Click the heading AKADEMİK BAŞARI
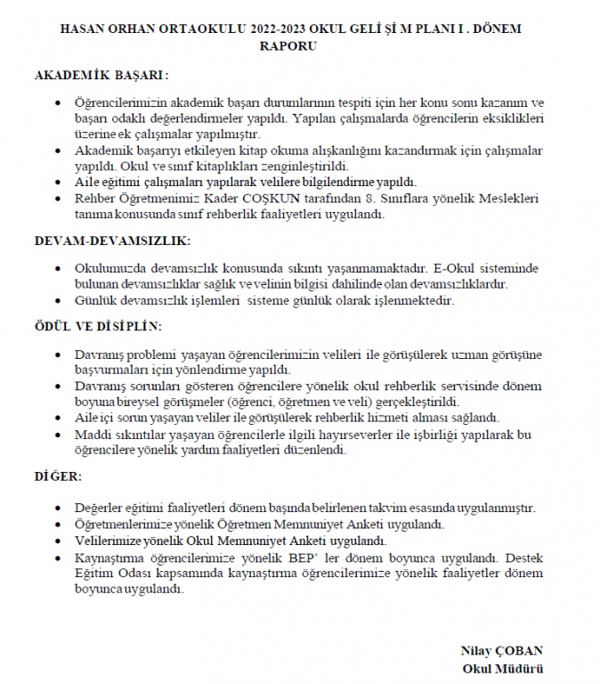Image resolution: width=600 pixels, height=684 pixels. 101,77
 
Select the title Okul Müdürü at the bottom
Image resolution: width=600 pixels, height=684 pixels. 503,667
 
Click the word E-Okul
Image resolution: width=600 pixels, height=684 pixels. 451,269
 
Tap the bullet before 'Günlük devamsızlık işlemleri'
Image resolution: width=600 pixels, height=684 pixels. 59,302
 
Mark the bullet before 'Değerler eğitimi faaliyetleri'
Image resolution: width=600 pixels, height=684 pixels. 59,509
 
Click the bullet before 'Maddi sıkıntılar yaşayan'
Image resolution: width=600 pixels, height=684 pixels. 59,436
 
